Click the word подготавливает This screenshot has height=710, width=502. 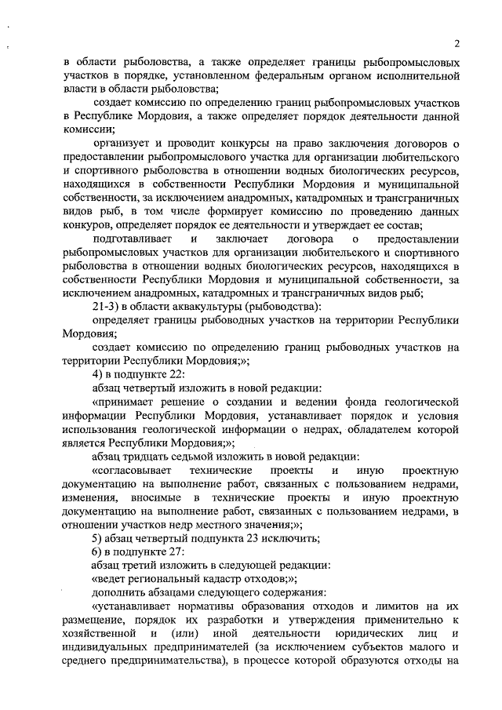pos(130,238)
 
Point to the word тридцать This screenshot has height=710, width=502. pos(151,456)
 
